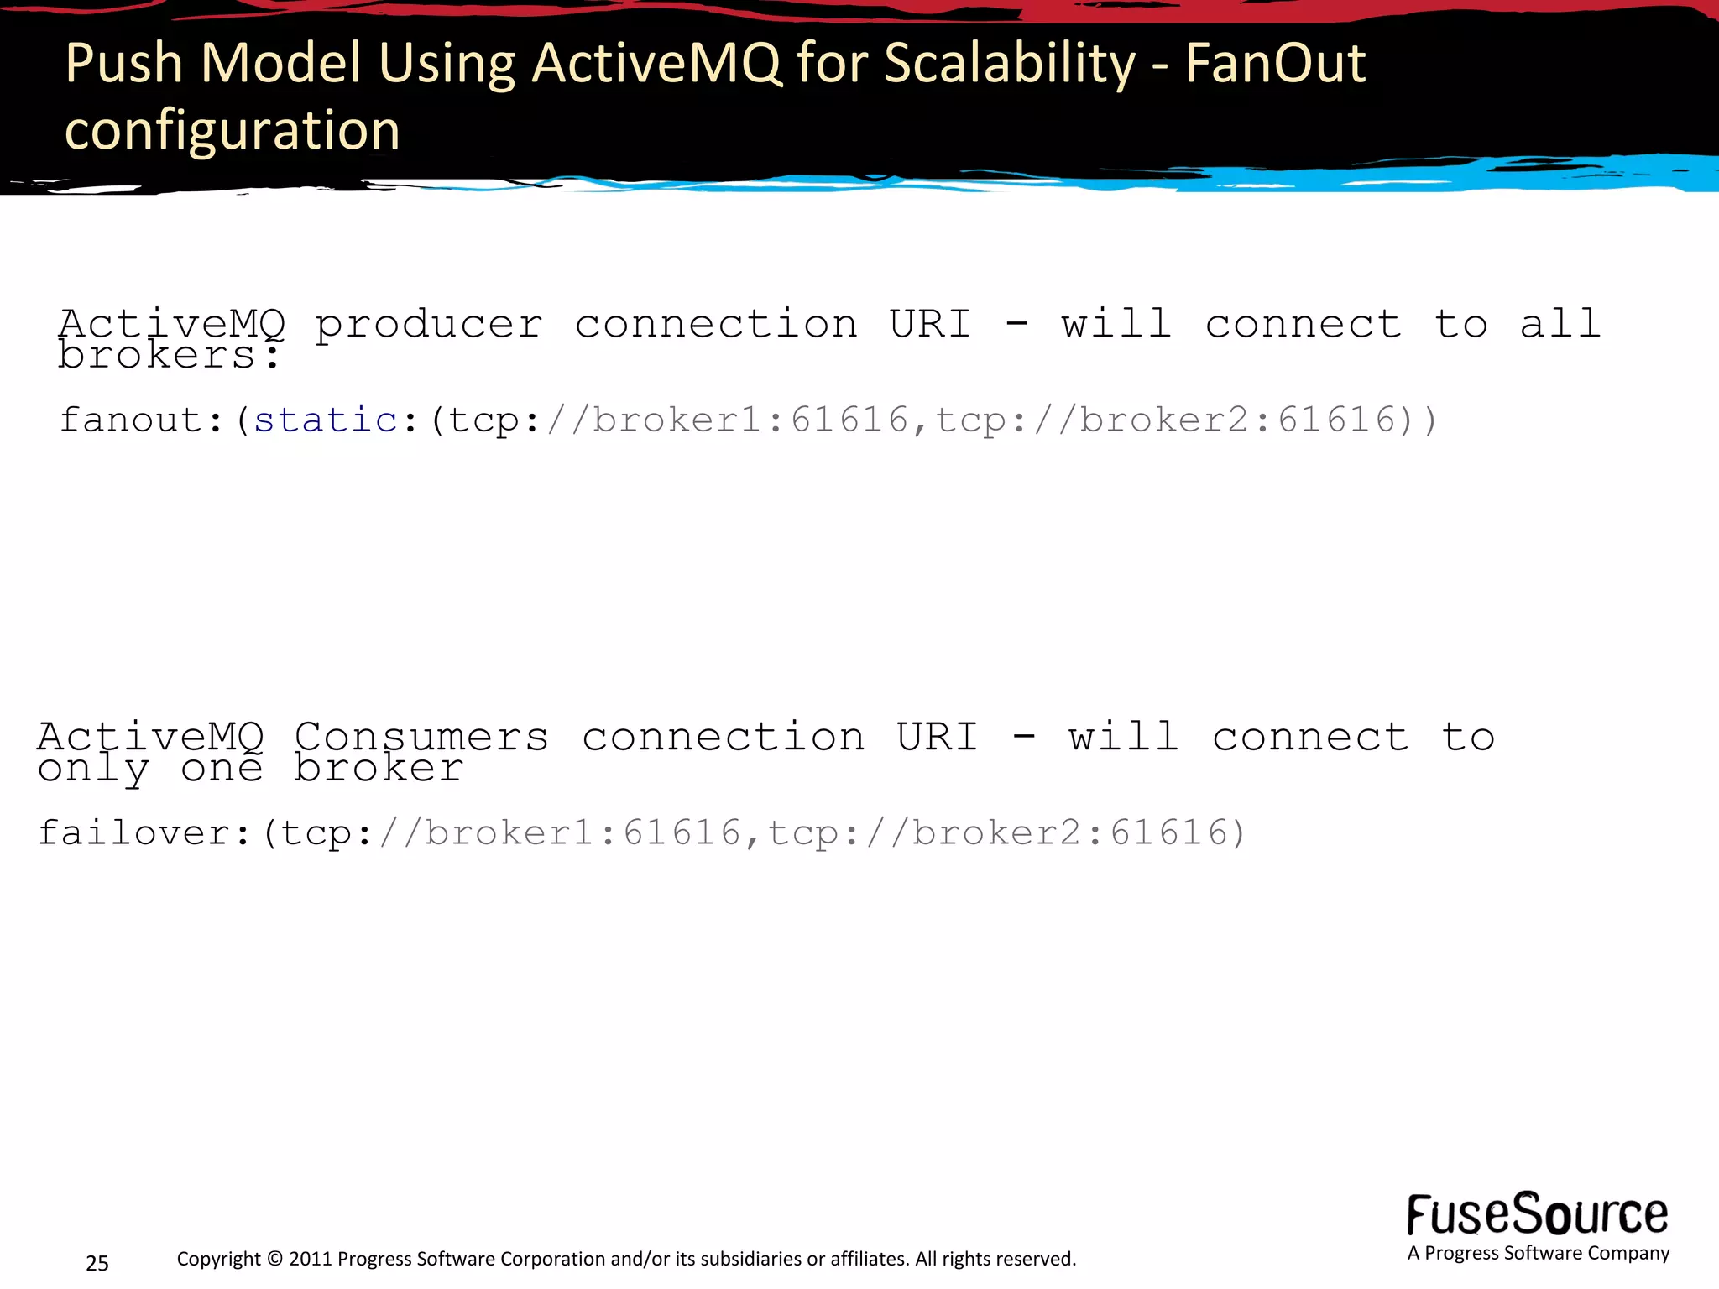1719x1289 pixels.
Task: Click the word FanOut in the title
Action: click(1275, 63)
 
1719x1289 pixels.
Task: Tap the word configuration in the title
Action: click(233, 131)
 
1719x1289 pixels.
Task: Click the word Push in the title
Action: click(123, 63)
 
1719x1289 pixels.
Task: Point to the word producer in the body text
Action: click(428, 326)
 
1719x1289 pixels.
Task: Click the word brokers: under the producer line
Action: click(168, 356)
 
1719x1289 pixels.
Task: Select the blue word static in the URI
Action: click(326, 420)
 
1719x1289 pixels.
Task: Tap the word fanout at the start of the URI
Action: click(131, 420)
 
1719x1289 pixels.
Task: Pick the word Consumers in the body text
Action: click(421, 738)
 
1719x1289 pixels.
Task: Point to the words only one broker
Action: click(250, 769)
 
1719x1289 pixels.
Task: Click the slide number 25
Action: click(97, 1263)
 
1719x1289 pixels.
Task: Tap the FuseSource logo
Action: click(1537, 1214)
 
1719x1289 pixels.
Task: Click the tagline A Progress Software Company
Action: click(1538, 1253)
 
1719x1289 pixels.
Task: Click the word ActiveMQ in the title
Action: click(657, 63)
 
